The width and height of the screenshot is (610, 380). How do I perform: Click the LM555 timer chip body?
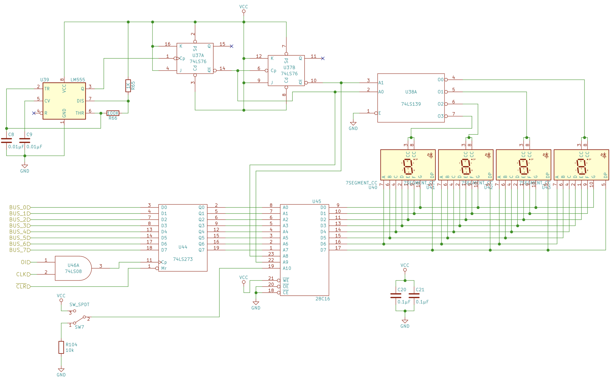[x=64, y=101]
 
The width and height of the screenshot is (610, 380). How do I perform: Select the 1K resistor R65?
[x=128, y=86]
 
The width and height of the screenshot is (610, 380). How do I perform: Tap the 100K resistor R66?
[x=113, y=113]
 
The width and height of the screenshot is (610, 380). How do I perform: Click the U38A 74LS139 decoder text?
[x=411, y=104]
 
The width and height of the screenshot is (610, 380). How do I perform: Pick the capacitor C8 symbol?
[x=6, y=141]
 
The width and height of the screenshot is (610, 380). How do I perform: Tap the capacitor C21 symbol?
[x=414, y=296]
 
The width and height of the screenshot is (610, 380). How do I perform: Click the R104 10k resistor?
[x=61, y=347]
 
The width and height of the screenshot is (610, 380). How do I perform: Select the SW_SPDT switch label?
[x=79, y=305]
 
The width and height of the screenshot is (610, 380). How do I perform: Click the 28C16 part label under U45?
[x=323, y=299]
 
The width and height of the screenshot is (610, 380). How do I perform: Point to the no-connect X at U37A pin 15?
[x=231, y=46]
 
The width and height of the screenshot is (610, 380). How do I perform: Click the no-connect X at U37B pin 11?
[x=323, y=58]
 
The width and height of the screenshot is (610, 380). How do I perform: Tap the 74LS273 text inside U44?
[x=183, y=259]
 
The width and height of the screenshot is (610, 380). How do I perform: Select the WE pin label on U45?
[x=286, y=280]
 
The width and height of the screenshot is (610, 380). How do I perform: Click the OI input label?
[x=25, y=262]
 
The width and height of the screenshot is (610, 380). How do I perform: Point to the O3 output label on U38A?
[x=440, y=116]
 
